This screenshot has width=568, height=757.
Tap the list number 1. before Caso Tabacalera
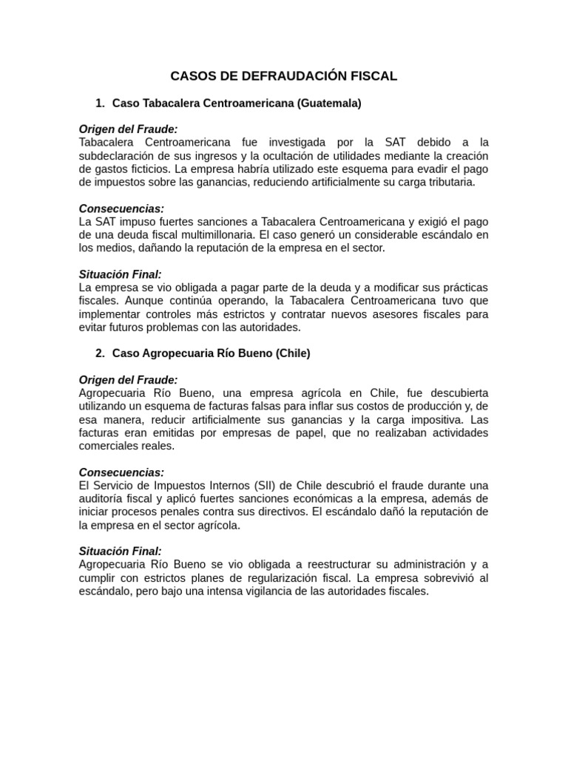101,103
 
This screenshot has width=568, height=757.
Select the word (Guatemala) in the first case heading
329,103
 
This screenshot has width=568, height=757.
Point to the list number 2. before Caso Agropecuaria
101,353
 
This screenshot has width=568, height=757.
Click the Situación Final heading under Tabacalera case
120,274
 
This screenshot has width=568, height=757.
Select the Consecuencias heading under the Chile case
121,472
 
